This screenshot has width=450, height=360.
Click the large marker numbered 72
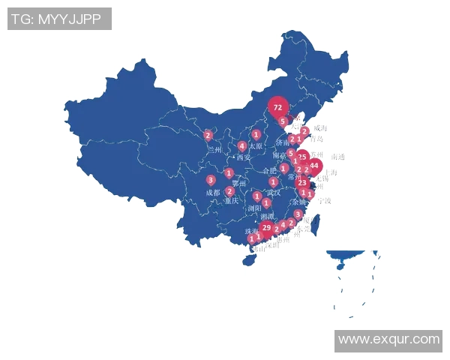(278, 107)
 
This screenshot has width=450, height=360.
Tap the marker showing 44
(314, 165)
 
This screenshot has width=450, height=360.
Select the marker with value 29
(266, 227)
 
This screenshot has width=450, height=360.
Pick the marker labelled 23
(301, 182)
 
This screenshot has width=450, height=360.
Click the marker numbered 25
(301, 157)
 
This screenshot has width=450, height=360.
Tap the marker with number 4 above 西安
(241, 145)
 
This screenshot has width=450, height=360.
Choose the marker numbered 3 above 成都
(211, 180)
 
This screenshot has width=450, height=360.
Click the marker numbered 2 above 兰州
(208, 136)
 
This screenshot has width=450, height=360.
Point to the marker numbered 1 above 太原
(256, 134)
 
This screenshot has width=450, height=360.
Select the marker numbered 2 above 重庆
(229, 190)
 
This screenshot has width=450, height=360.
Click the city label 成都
(213, 193)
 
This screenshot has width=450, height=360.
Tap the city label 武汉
(273, 193)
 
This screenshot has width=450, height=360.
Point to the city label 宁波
(324, 200)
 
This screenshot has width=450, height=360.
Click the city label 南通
(337, 157)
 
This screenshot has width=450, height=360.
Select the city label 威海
(320, 128)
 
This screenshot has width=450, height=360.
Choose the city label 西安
(243, 157)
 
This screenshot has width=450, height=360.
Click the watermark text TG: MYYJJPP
(59, 19)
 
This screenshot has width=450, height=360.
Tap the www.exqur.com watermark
(388, 340)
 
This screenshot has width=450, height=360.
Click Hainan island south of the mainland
(247, 260)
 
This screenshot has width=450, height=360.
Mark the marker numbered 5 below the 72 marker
(282, 121)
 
